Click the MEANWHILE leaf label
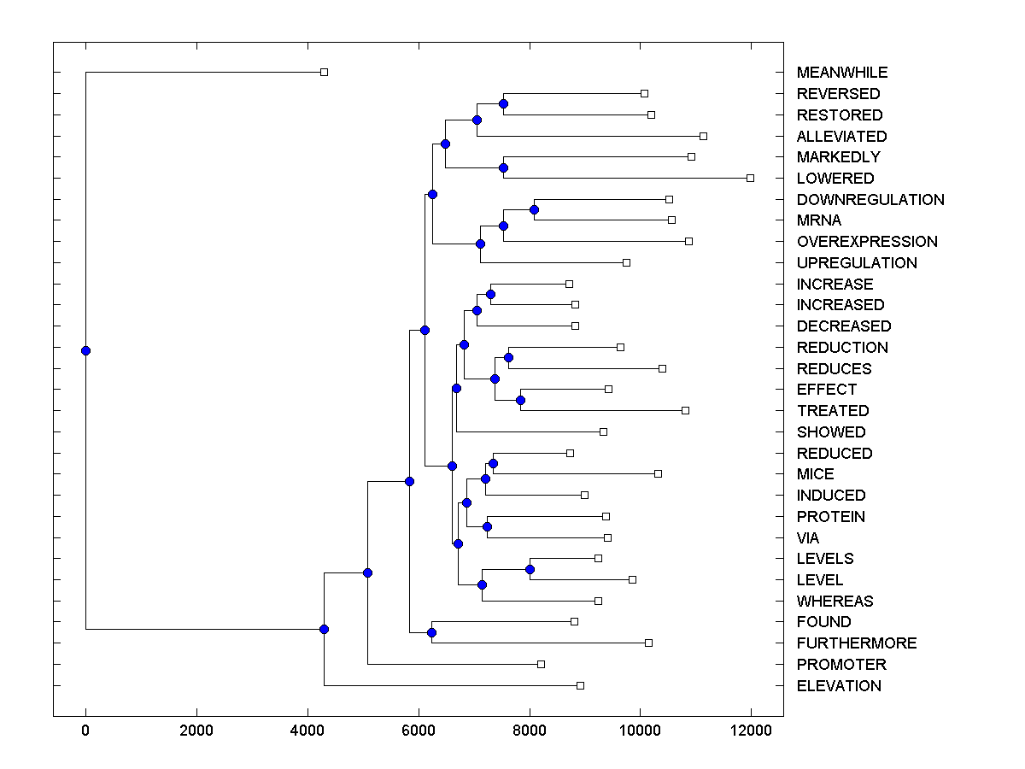pos(841,73)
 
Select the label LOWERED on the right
pos(835,179)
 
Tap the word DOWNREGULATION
pos(870,200)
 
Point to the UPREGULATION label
pos(856,263)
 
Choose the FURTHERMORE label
pos(856,643)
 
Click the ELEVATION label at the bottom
pos(838,686)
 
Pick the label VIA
pos(807,538)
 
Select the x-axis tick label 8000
pos(530,731)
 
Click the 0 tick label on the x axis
pos(85,731)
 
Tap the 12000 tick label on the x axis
pos(751,731)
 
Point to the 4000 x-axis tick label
pos(307,731)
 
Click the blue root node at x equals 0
pos(85,350)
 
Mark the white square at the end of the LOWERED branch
pos(750,178)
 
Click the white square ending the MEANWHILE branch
pos(324,72)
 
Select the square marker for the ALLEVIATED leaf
pos(703,136)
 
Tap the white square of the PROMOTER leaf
pos(541,664)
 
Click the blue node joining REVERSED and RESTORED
pos(503,103)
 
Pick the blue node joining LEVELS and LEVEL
pos(530,569)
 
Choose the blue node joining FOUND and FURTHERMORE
pos(431,632)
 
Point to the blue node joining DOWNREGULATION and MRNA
pos(534,209)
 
